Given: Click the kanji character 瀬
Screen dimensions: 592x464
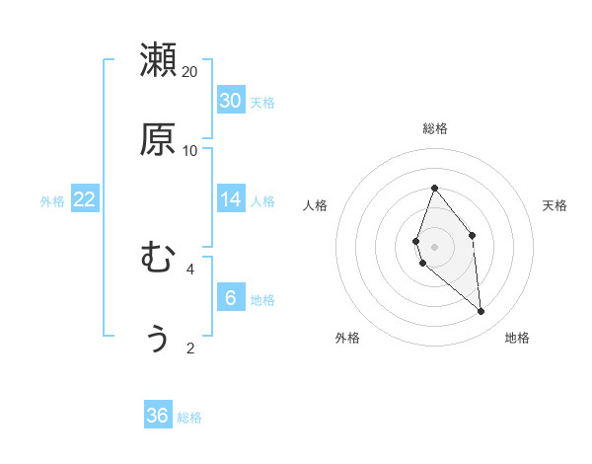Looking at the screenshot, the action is point(158,60).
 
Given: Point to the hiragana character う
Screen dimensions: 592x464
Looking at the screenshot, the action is point(158,337).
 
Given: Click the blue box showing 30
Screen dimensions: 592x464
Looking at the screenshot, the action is point(231,100).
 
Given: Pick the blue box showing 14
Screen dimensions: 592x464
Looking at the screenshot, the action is point(231,199).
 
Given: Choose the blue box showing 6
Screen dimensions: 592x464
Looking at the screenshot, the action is point(231,297).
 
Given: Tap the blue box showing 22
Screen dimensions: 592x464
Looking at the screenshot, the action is point(85,199).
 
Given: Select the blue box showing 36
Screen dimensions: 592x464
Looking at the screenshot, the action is point(158,416).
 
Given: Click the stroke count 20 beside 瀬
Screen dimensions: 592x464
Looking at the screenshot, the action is point(189,72).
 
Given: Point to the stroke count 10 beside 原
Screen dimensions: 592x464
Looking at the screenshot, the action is point(189,150).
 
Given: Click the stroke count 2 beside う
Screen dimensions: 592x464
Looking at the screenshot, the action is point(189,348).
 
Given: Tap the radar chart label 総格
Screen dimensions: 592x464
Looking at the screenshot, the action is point(435,128).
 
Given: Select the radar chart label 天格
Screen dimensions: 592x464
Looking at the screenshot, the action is point(555,205).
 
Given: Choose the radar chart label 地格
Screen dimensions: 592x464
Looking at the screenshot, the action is point(517,338).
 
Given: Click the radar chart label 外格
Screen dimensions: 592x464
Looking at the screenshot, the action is point(347,338).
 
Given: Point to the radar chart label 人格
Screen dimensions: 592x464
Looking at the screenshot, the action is point(316,205).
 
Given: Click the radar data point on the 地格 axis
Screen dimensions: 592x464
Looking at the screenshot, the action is point(481,312).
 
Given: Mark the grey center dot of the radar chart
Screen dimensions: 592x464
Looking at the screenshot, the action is point(435,247).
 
